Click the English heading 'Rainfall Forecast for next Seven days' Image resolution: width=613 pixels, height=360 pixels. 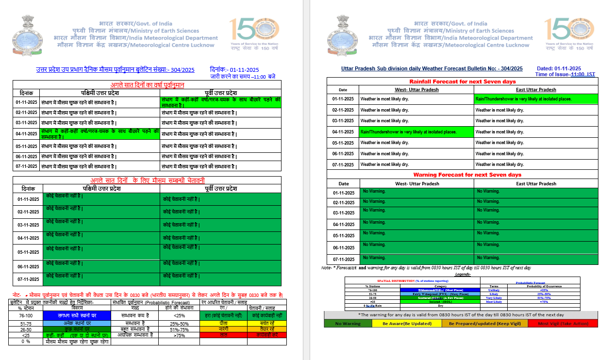pos(463,82)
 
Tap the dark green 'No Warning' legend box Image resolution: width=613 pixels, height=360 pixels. pos(348,323)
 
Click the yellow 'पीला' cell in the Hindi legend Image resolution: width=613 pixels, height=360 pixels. pos(223,324)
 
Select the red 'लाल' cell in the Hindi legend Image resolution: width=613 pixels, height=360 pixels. pos(223,335)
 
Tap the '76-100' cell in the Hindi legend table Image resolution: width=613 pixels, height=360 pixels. pos(26,315)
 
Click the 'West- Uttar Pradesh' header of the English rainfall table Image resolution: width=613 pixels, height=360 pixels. pos(416,90)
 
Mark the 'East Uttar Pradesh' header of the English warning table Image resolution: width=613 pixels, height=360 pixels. pos(536,184)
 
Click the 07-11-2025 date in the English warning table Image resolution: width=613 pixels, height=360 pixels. pos(344,260)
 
